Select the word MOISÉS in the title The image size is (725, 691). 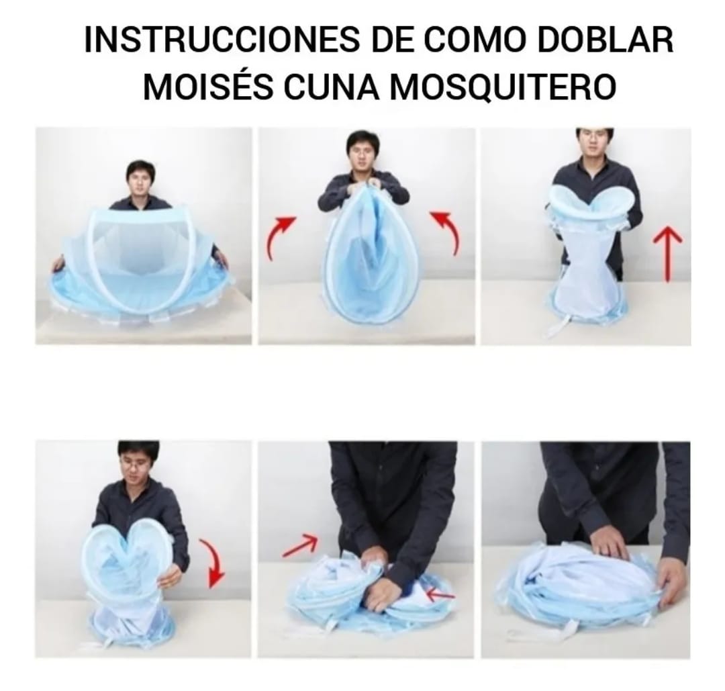207,88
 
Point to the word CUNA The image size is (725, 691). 330,88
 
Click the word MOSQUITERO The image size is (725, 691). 503,88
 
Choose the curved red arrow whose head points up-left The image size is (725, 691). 446,232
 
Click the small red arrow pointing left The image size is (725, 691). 440,594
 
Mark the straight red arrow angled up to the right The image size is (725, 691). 299,545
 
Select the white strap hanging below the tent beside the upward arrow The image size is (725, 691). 559,328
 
